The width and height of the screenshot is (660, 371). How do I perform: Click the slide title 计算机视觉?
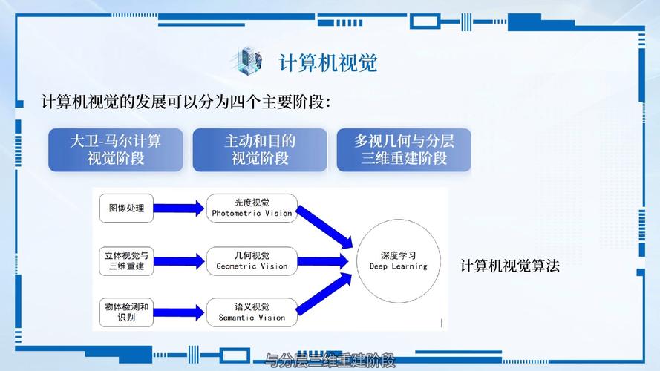327,62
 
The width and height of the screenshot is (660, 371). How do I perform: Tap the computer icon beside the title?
249,60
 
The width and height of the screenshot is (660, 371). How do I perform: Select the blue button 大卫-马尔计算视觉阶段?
115,149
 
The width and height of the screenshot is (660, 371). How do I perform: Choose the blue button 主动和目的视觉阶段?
260,149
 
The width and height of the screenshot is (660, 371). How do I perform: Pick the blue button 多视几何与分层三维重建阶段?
404,149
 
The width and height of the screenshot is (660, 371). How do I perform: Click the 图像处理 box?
126,209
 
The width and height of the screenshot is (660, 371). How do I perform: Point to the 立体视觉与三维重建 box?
126,260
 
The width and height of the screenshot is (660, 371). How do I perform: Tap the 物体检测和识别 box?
126,312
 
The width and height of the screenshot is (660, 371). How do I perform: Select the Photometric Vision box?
252,208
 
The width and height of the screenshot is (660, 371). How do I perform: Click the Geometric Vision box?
252,260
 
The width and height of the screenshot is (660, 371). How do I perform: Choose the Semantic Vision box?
252,312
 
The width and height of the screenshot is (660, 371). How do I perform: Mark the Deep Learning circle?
399,260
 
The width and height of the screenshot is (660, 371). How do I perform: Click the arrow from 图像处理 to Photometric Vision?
179,209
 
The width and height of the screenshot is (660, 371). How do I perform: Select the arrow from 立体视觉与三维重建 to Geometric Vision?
179,260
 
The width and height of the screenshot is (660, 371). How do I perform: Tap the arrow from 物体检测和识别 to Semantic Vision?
179,312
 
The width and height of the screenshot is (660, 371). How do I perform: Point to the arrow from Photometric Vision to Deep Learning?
324,226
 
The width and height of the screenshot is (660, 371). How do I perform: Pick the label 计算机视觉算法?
509,265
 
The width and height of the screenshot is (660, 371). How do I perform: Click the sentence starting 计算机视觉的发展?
186,102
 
